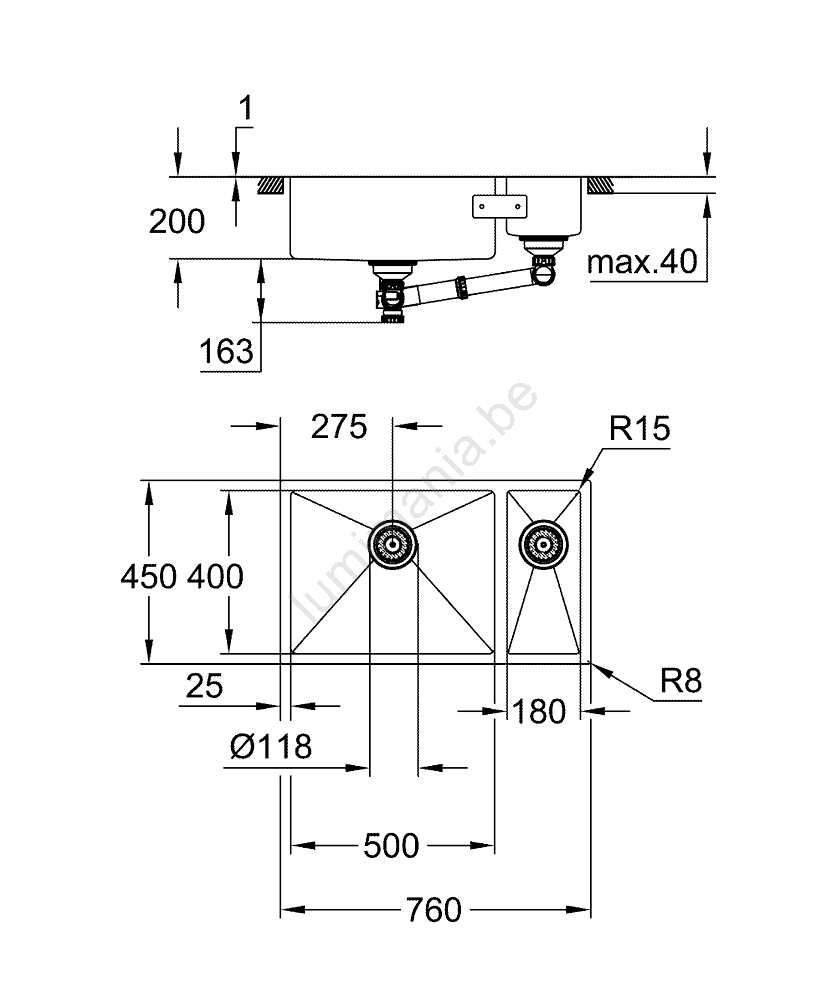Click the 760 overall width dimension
pos(434,910)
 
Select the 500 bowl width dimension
pos(391,846)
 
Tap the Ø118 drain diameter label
pos(270,745)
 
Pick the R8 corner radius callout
pos(681,682)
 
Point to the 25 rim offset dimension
pos(203,686)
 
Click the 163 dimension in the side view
pos(226,351)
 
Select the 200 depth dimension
pos(176,221)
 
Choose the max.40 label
pos(640,263)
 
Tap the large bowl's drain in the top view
pos(393,545)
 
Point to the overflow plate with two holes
pos(498,205)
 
